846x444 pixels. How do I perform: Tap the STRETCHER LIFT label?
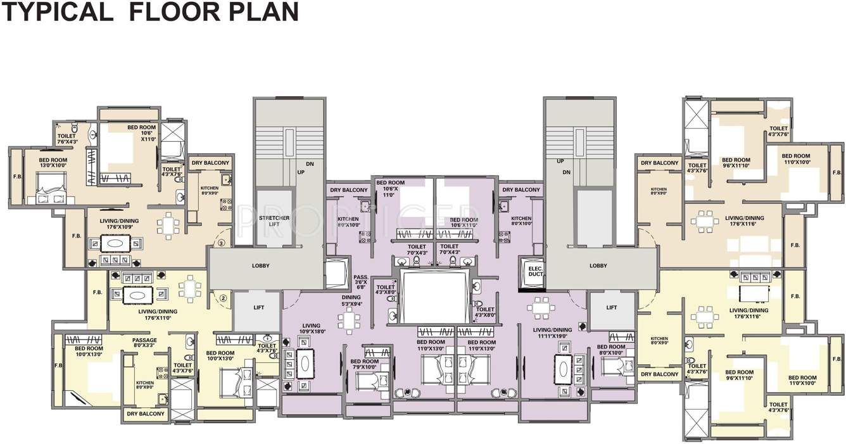tap(274, 221)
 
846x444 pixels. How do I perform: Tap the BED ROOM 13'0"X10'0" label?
tap(53, 163)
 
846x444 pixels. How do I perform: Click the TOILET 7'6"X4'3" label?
tap(66, 139)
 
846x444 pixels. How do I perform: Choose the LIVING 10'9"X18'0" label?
tap(313, 328)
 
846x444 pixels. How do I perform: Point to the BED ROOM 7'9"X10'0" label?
tap(364, 365)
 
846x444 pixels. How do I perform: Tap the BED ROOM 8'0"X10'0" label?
tap(611, 350)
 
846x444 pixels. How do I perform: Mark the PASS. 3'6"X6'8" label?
tap(361, 282)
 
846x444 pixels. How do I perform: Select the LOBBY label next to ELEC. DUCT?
tap(598, 266)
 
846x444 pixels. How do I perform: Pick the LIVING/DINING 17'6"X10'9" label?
tap(119, 224)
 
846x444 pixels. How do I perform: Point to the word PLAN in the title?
tap(267, 12)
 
